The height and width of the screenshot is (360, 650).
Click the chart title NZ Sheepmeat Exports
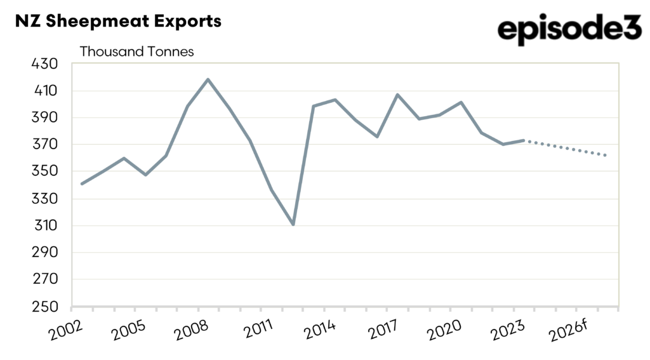[x=118, y=21]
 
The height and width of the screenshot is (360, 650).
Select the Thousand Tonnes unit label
[x=136, y=52]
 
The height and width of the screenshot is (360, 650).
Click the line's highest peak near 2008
[x=208, y=79]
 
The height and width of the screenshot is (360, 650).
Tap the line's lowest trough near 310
[x=293, y=225]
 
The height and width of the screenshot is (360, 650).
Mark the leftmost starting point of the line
[x=82, y=184]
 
